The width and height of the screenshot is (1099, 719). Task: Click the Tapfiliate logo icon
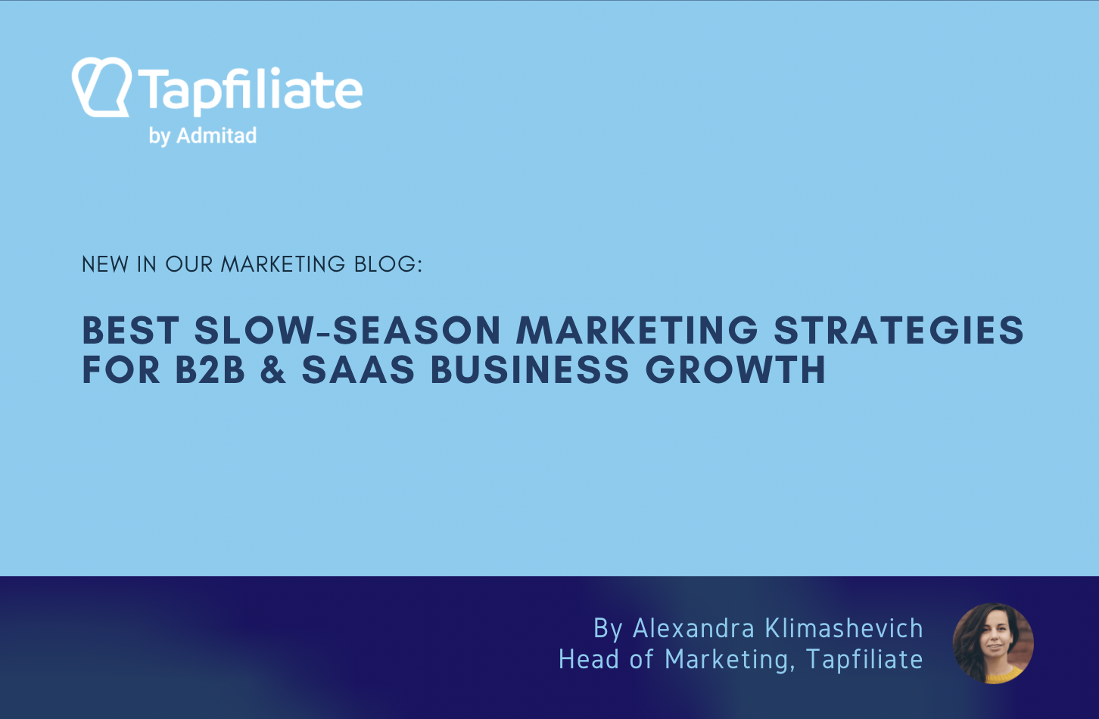click(101, 87)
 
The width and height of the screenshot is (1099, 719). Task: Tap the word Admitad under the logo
click(216, 136)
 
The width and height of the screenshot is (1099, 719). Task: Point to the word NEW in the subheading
click(105, 264)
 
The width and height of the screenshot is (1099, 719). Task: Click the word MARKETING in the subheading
click(283, 264)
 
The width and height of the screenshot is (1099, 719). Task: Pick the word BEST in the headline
click(130, 331)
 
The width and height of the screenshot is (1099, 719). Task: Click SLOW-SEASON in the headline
click(347, 331)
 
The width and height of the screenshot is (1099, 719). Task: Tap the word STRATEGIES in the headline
click(898, 331)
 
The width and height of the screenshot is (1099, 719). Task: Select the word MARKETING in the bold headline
click(637, 331)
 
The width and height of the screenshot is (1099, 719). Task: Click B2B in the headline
click(210, 370)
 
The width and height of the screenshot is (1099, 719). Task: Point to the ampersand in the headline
click(273, 370)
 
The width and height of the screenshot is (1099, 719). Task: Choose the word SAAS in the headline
click(358, 370)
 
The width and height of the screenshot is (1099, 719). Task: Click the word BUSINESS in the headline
click(530, 370)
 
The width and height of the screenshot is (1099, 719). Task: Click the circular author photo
click(993, 643)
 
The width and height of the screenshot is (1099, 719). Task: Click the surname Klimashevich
click(844, 628)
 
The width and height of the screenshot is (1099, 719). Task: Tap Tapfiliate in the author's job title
click(864, 659)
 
